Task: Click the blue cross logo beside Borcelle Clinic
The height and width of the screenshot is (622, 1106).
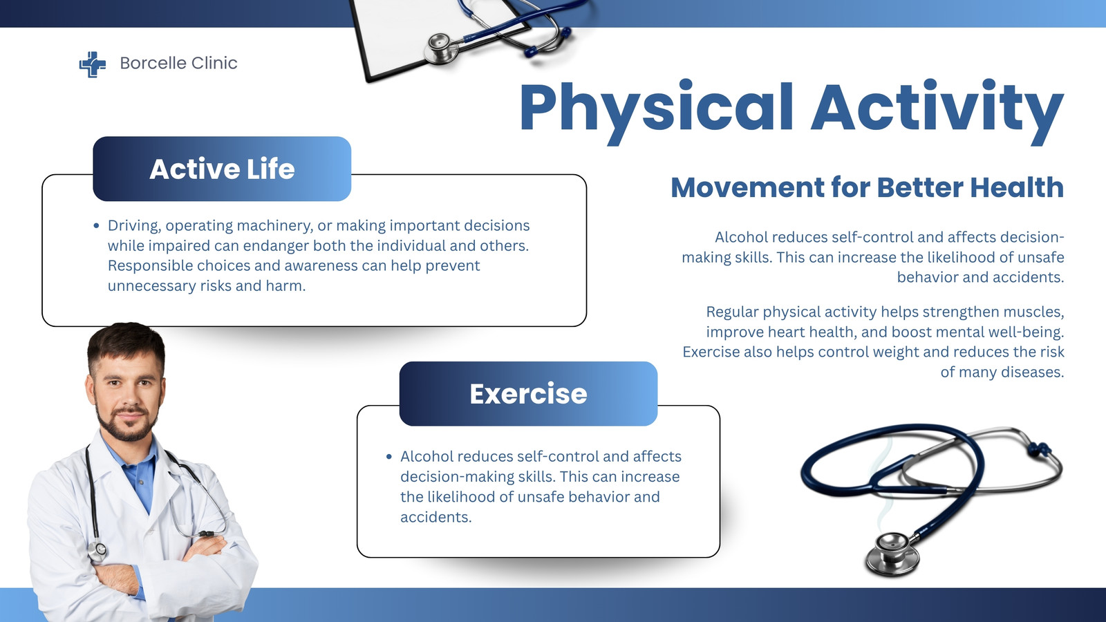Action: click(93, 64)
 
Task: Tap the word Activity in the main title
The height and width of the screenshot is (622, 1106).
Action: click(937, 111)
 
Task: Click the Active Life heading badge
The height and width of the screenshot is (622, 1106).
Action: click(222, 169)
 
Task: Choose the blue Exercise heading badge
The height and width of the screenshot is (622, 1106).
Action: click(528, 393)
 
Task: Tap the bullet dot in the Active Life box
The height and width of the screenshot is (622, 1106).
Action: click(96, 226)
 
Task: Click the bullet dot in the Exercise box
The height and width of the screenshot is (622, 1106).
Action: click(389, 457)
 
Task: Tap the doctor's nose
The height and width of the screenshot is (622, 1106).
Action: click(129, 395)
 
